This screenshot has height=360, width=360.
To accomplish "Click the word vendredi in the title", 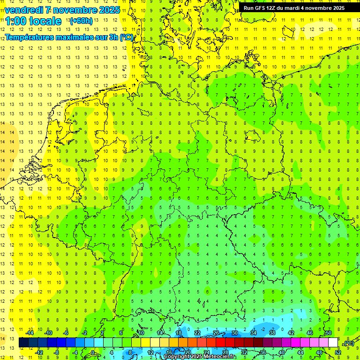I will (x=25, y=10).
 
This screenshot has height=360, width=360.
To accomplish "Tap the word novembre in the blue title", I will (x=73, y=10).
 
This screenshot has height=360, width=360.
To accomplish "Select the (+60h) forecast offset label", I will (x=81, y=21).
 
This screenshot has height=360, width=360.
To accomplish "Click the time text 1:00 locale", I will (x=33, y=21).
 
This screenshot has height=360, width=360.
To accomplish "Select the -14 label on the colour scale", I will (x=30, y=333).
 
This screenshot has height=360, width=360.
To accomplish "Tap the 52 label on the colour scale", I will (x=338, y=352).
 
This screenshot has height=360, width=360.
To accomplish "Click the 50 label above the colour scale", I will (x=329, y=333).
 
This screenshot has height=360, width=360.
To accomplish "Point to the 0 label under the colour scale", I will (x=93, y=352).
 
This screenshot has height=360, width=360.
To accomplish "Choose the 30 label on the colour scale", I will (x=234, y=333).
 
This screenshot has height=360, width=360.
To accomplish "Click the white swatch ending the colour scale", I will (x=333, y=343).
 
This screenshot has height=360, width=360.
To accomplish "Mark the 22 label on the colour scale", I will (x=197, y=333).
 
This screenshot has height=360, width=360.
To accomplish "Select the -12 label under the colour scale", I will (x=39, y=352).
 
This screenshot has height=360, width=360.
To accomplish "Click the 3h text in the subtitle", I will (x=113, y=37).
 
